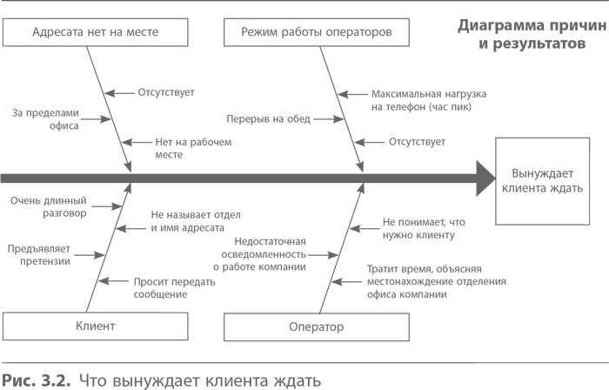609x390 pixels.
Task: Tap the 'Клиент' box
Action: click(x=96, y=326)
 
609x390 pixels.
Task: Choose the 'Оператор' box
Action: click(x=316, y=326)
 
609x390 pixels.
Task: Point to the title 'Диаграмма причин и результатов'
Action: click(x=520, y=34)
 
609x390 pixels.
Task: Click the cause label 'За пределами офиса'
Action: click(x=45, y=118)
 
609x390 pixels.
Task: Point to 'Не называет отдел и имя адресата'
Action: click(x=195, y=221)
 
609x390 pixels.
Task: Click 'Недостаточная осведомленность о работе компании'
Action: click(x=269, y=254)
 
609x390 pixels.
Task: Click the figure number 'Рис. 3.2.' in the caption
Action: click(x=35, y=380)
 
